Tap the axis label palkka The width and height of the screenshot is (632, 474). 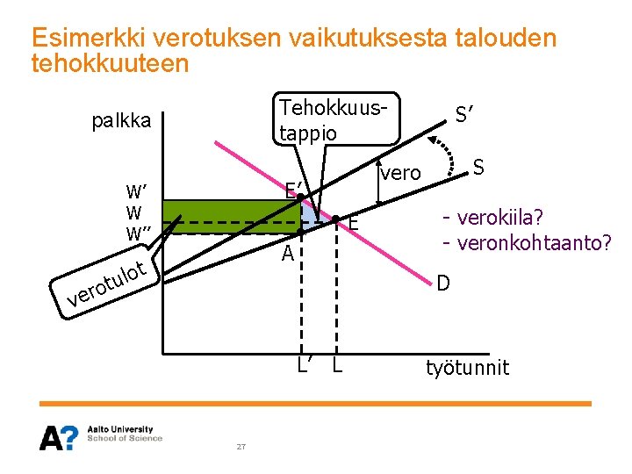(x=121, y=120)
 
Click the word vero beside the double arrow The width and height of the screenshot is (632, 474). (x=400, y=173)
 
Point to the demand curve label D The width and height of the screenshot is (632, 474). (x=444, y=283)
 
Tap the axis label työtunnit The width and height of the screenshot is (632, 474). (x=467, y=367)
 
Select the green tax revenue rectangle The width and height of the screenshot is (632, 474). (x=233, y=217)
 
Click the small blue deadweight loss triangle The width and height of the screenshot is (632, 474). (x=309, y=215)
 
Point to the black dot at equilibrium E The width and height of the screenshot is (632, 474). (x=335, y=219)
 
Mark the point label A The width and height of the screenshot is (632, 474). (x=287, y=255)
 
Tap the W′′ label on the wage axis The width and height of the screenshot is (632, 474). (x=140, y=234)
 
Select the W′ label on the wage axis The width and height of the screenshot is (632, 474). (x=138, y=192)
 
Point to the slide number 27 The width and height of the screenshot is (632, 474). (x=241, y=448)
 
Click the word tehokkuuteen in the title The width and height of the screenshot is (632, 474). (x=110, y=63)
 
